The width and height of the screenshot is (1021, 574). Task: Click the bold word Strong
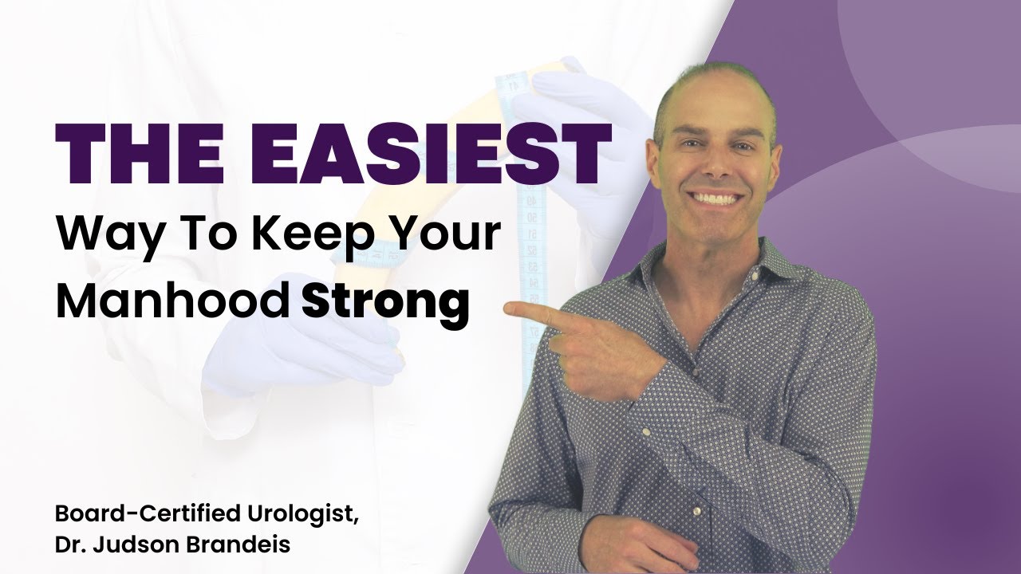384,303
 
